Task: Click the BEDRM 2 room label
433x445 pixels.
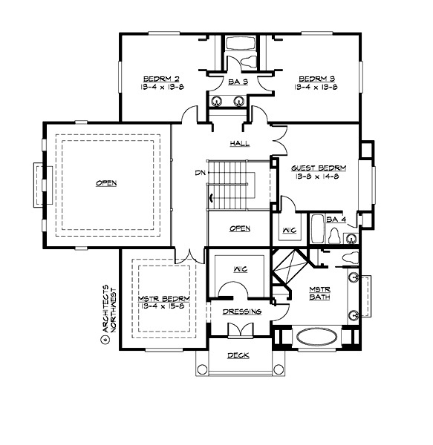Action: [x=160, y=79]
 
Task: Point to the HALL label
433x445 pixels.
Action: [x=239, y=144]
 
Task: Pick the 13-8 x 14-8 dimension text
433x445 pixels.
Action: [x=316, y=177]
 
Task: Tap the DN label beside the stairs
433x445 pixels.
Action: [x=199, y=173]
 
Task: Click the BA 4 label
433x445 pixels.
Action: [x=336, y=220]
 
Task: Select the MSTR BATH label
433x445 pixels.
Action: [x=320, y=293]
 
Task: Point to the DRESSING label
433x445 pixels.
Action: [x=242, y=311]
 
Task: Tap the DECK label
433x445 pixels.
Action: [x=238, y=355]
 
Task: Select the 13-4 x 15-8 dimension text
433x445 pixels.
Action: [x=161, y=306]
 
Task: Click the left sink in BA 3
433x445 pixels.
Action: [x=218, y=102]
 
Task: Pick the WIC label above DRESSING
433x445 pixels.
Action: [x=240, y=268]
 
